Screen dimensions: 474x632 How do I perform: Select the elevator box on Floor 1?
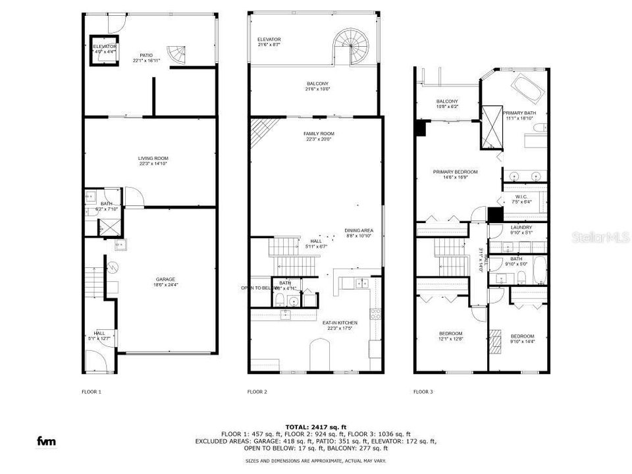pyautogui.click(x=104, y=50)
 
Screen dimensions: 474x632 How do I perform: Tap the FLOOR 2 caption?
pyautogui.click(x=257, y=392)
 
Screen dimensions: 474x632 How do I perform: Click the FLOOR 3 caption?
pyautogui.click(x=423, y=392)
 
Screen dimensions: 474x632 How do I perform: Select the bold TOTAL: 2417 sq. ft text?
pyautogui.click(x=317, y=427)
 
